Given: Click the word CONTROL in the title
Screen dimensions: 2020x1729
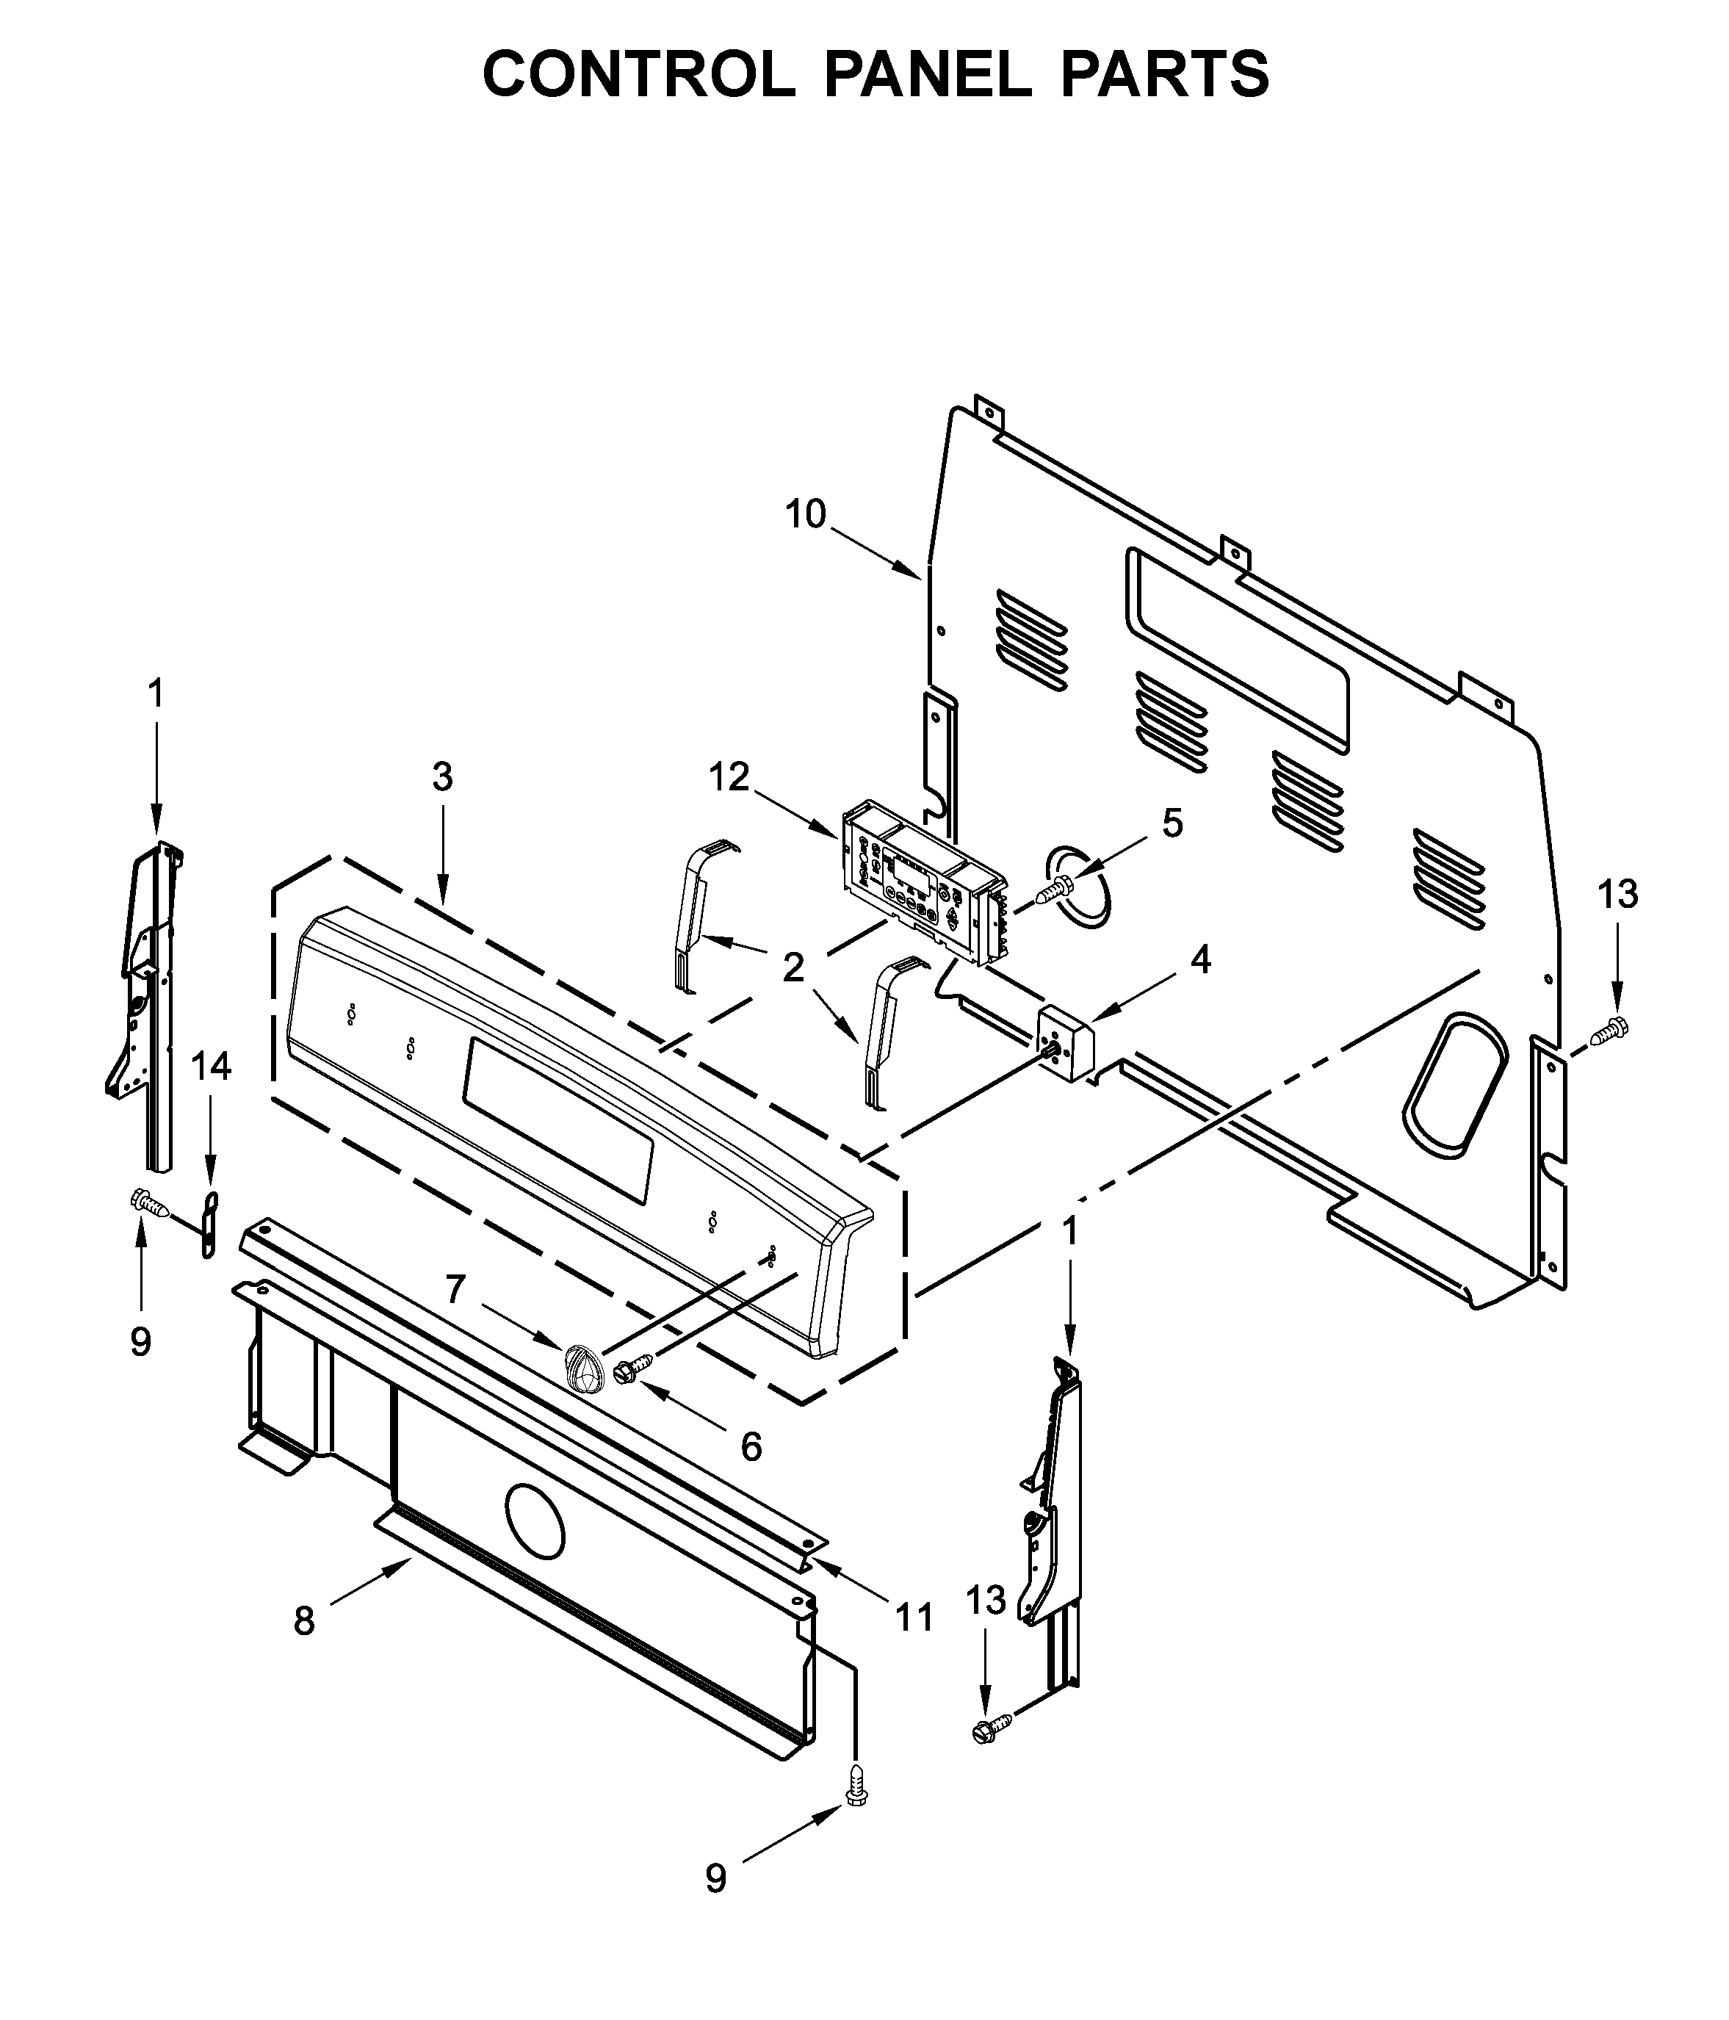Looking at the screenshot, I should pos(638,74).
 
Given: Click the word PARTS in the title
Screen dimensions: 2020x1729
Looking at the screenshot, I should pos(1165,74).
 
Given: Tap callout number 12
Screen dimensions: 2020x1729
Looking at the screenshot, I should pos(729,777).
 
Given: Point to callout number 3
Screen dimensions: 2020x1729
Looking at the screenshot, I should pos(442,777).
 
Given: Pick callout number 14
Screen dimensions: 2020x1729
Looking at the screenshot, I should pos(211,1067).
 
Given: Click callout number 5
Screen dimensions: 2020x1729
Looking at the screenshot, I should pos(1172,824).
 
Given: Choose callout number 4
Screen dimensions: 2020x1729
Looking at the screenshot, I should pos(1201,960).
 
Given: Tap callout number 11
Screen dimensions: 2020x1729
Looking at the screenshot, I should pos(914,1618).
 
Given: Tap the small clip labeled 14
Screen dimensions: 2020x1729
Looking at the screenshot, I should pos(209,1224).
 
